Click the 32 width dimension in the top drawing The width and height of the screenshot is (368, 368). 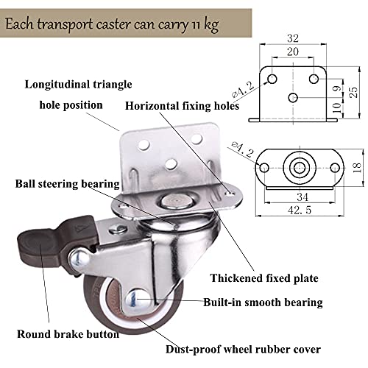click(x=293, y=38)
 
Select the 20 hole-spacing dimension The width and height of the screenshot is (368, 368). click(x=293, y=52)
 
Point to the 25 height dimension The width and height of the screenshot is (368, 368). click(x=353, y=93)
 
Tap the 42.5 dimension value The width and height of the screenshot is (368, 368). click(x=300, y=210)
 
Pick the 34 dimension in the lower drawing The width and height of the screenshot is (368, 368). click(x=302, y=197)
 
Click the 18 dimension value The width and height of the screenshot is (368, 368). click(x=357, y=168)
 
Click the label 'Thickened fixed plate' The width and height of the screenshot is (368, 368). click(x=264, y=278)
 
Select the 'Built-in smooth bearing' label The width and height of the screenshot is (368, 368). click(x=263, y=302)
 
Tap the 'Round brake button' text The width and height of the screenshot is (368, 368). click(x=68, y=334)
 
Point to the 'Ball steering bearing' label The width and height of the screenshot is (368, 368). click(x=68, y=184)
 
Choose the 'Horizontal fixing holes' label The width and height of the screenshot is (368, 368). click(x=182, y=106)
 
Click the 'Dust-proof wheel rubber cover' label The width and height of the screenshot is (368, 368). click(x=243, y=350)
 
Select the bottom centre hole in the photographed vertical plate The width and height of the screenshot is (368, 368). click(x=171, y=164)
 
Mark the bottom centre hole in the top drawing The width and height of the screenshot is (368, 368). click(x=293, y=98)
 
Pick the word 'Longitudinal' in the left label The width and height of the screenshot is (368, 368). click(x=57, y=85)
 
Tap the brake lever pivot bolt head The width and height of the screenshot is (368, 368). click(x=79, y=258)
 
